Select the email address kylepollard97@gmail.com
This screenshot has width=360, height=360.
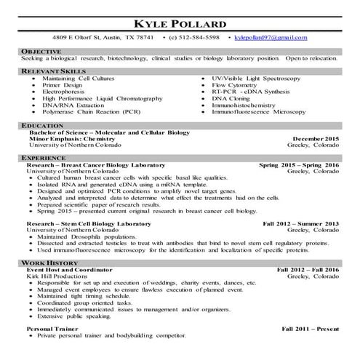(x=267, y=36)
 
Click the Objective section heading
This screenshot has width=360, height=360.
(x=41, y=52)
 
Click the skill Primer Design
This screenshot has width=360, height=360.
(x=63, y=84)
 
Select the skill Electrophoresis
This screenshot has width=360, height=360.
(x=66, y=91)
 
